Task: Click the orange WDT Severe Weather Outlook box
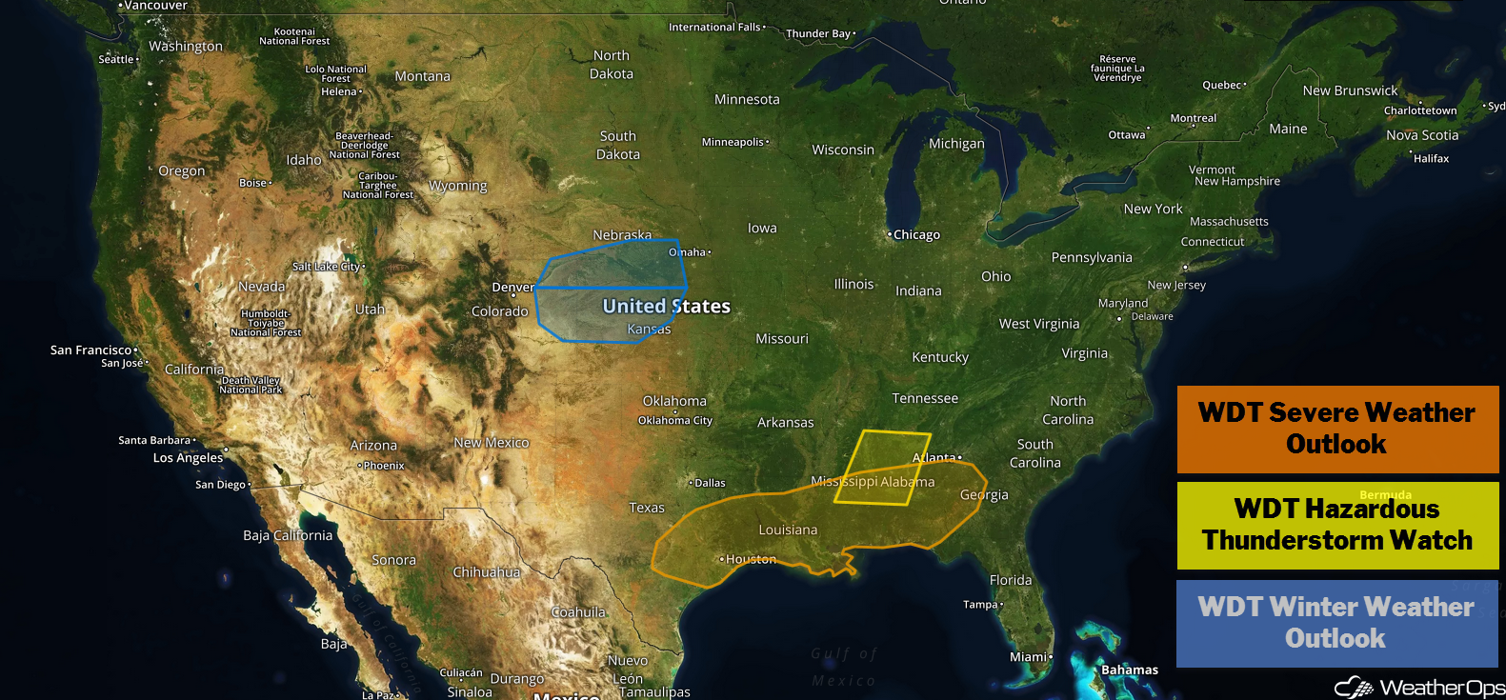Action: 1337,429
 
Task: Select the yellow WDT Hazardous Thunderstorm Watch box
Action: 1337,526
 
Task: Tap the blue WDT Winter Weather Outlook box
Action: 1336,623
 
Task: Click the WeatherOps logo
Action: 1419,687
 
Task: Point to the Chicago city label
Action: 916,235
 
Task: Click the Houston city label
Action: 751,559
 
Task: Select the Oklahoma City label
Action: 675,420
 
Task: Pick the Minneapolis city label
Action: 733,142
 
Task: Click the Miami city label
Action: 1029,656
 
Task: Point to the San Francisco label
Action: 91,350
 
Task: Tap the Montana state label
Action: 422,76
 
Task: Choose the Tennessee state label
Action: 925,398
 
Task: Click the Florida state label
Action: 1011,580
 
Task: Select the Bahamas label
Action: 1130,670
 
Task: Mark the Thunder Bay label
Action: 818,33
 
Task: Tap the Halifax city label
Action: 1431,159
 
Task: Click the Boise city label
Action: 253,183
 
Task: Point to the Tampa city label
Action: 980,605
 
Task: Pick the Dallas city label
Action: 710,483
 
